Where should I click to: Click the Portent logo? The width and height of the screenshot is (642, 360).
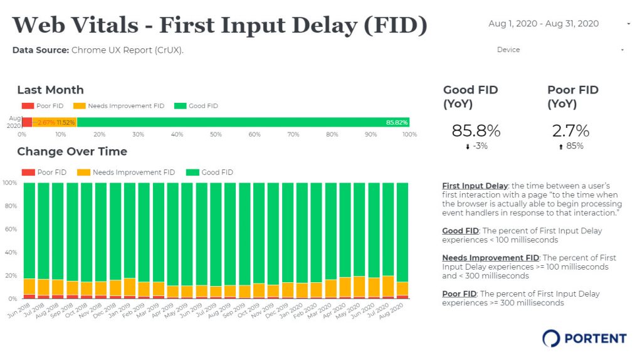click(x=584, y=338)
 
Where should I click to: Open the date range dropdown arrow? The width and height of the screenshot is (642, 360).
click(x=628, y=24)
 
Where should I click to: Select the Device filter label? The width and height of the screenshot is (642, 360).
click(x=508, y=50)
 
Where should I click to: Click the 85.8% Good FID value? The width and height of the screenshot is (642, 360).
click(x=476, y=131)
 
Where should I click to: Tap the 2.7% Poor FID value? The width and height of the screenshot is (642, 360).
click(x=571, y=131)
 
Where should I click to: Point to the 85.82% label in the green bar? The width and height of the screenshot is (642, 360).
click(x=397, y=122)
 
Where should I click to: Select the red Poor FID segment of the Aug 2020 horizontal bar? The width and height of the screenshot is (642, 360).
click(x=27, y=122)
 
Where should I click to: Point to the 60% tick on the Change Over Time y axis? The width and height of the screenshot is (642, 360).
click(x=10, y=229)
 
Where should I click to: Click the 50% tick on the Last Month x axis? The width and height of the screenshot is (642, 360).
click(x=216, y=134)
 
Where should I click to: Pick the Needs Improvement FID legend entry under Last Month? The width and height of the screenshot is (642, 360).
click(x=118, y=106)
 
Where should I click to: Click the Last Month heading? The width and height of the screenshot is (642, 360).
click(x=50, y=90)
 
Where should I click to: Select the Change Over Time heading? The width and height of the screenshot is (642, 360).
click(x=71, y=151)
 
